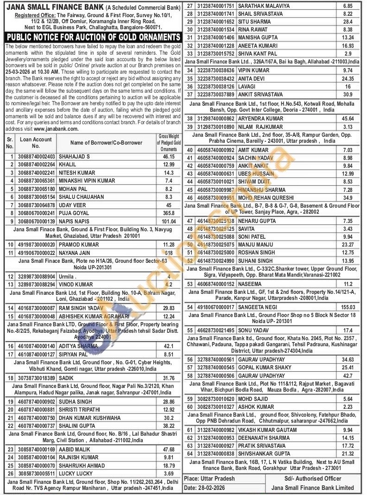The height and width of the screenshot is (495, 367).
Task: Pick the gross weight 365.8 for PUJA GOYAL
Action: click(x=169, y=213)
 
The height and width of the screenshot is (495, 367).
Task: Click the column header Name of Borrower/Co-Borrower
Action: click(x=106, y=142)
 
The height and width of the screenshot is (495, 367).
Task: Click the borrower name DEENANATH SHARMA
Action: click(x=264, y=438)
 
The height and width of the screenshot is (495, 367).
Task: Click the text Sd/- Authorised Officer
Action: click(x=313, y=478)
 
